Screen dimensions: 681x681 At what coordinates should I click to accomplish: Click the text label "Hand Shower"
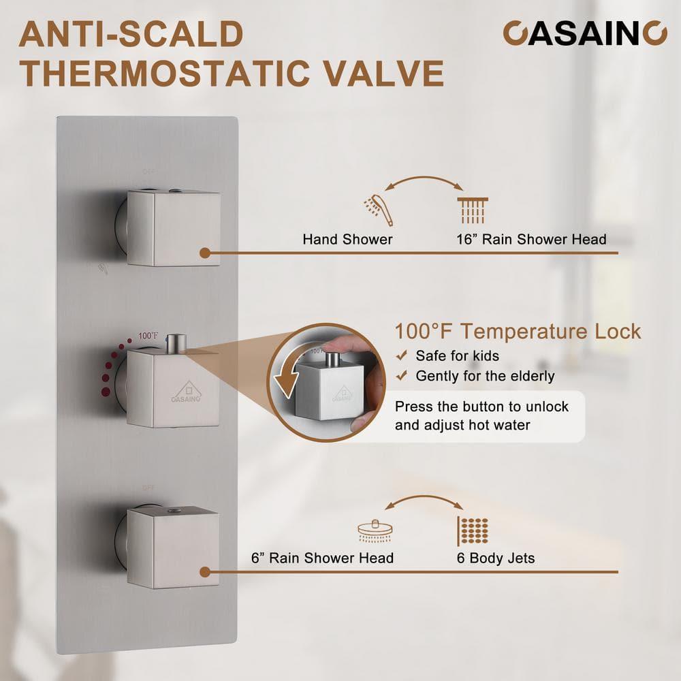point(348,240)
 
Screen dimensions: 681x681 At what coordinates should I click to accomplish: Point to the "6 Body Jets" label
point(496,558)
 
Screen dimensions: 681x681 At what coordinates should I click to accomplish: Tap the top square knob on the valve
point(173,227)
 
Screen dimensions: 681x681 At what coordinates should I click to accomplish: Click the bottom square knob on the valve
point(173,548)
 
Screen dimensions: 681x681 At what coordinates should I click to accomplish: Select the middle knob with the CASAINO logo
point(173,388)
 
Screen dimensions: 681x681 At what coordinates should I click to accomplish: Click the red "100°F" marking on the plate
point(148,336)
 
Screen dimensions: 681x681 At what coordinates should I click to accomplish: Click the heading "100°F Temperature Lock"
point(518,332)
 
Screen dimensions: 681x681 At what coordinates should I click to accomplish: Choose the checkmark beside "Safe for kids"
point(402,355)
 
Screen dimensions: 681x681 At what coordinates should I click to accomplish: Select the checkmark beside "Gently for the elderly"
point(402,376)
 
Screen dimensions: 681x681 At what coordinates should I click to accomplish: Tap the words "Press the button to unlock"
point(481,407)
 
